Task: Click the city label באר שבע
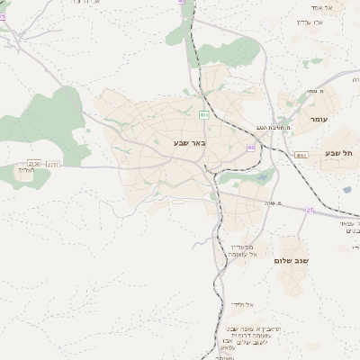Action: click(x=190, y=142)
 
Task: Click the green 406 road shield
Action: click(x=204, y=115)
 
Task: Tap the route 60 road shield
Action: click(x=250, y=147)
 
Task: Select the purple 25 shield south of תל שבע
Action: click(x=310, y=211)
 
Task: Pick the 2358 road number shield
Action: click(x=34, y=162)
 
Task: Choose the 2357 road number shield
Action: click(x=54, y=163)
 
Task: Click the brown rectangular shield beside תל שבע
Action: click(x=301, y=156)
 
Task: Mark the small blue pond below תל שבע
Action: click(x=346, y=190)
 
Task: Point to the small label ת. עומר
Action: click(x=312, y=90)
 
